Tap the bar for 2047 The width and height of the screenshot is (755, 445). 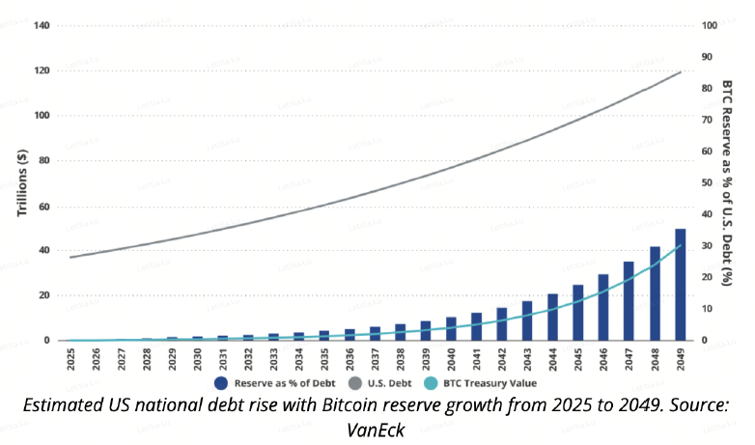click(x=629, y=301)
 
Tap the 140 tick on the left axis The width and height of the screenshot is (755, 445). click(x=42, y=25)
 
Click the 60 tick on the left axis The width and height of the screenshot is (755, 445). click(x=44, y=206)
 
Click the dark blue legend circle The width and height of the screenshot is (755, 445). click(x=220, y=381)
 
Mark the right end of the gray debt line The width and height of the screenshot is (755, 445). click(x=681, y=72)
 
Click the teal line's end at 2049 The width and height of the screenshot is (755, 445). click(x=681, y=245)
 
